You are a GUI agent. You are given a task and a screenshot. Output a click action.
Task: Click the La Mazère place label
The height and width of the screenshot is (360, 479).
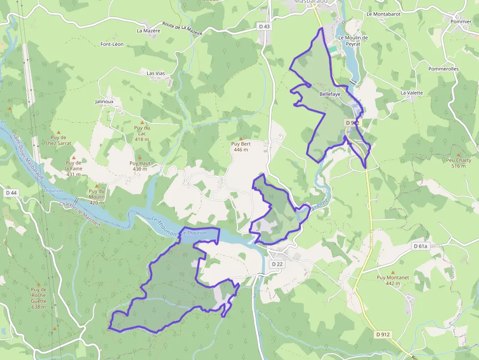coord(148,30)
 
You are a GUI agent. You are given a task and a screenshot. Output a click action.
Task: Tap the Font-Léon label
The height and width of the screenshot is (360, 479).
coord(112,44)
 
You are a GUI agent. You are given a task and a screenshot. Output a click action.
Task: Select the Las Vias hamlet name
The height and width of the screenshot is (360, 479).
coord(156,73)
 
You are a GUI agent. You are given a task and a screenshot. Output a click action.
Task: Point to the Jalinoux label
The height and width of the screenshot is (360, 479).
coord(104,102)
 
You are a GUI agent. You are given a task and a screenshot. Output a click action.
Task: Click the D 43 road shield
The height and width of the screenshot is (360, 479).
coord(264,26)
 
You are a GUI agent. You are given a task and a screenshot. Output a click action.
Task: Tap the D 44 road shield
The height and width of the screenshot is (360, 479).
coord(11,193)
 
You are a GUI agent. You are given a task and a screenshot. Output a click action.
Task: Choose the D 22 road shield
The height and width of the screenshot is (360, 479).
coord(276,264)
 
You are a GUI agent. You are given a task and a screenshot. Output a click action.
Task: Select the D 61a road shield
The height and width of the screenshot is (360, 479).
coord(420,246)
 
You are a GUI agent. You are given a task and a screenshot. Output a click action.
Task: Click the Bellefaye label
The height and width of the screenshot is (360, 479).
coord(329,94)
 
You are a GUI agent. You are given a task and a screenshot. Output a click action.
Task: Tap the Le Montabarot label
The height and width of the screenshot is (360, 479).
coord(383,14)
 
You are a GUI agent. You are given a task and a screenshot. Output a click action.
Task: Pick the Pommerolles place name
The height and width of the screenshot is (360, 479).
coord(443,69)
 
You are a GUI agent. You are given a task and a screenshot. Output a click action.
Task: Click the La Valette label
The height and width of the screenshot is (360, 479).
coord(412,92)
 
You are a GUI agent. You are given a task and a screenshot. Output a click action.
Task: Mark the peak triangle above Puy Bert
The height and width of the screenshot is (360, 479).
coord(240,138)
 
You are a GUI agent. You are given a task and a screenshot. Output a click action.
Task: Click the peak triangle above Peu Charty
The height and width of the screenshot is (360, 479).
coord(458,154)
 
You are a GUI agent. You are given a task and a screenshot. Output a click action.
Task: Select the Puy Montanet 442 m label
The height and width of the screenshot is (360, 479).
coord(392,280)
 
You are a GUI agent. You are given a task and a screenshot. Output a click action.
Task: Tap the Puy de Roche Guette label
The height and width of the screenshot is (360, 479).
coord(38,298)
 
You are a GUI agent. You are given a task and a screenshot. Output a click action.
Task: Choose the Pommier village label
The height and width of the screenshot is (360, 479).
coord(461,21)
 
